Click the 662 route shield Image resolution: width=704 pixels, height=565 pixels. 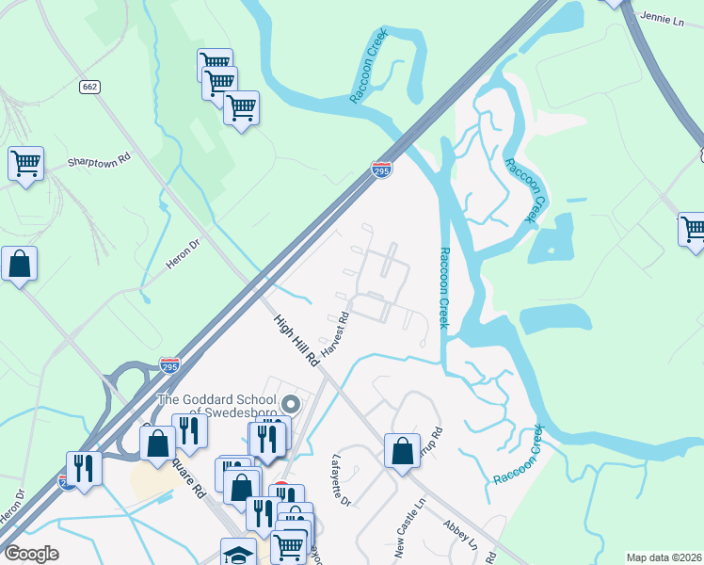click(90, 86)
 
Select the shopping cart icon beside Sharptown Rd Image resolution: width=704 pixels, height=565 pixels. click(25, 164)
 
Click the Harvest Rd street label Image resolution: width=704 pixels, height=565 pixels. click(335, 334)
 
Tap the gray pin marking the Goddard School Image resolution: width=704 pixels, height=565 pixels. click(291, 406)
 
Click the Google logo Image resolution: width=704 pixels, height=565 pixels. click(31, 554)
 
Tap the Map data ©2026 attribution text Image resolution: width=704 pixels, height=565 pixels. click(664, 557)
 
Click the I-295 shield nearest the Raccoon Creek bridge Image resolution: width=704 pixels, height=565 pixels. click(381, 169)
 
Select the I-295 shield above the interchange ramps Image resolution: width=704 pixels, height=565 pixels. click(169, 363)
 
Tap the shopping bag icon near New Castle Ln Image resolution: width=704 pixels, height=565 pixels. click(402, 450)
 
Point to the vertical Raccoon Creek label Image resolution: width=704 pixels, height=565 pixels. click(445, 288)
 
